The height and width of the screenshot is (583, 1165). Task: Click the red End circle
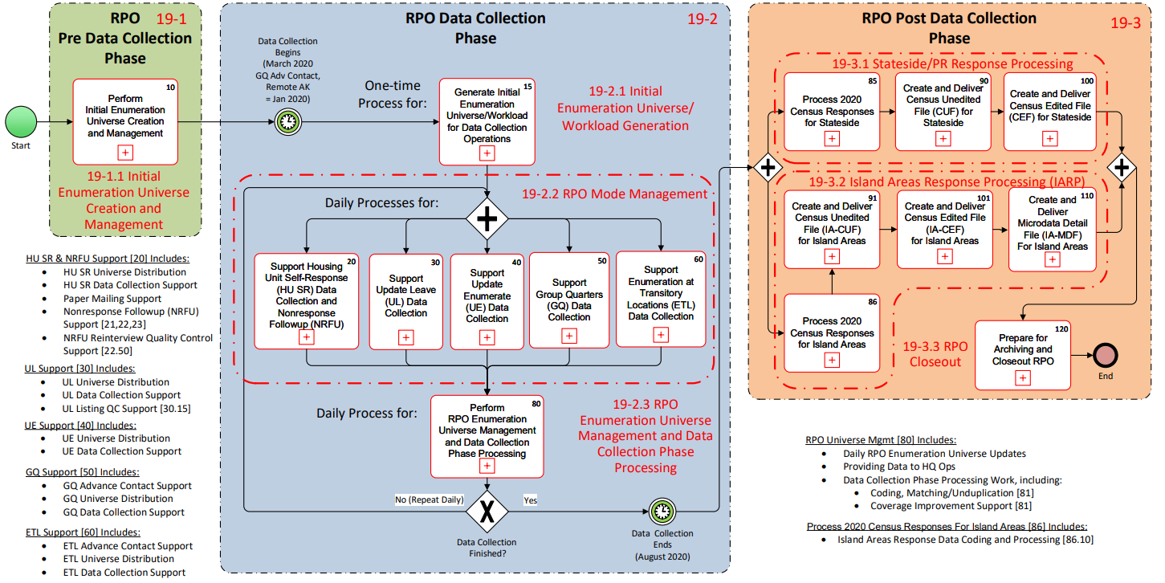point(1105,356)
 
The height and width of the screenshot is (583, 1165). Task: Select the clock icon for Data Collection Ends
point(662,510)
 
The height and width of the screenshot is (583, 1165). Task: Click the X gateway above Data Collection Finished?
point(487,510)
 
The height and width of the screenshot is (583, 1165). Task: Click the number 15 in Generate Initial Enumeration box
point(527,85)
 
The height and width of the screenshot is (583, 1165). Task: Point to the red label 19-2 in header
point(702,19)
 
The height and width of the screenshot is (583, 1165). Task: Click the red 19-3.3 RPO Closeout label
point(935,354)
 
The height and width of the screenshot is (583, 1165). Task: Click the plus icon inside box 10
point(125,152)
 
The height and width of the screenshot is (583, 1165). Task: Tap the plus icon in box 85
point(831,139)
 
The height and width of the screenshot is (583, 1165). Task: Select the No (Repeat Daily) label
point(430,500)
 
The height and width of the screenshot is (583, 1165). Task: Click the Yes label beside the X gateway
point(530,500)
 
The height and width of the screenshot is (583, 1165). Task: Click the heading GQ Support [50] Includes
point(82,472)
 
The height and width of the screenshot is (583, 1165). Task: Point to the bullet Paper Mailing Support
point(112,299)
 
